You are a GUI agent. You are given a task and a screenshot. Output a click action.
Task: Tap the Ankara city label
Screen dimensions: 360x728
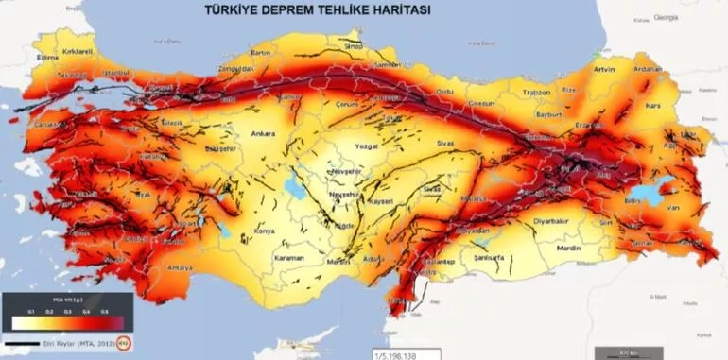pyautogui.click(x=262, y=133)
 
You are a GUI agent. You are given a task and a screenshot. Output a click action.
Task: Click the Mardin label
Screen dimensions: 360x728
pyautogui.click(x=569, y=249)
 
